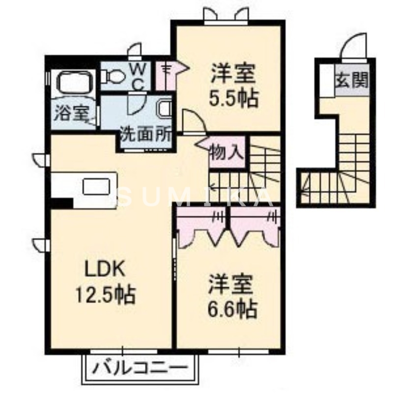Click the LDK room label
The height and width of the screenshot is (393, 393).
point(107,269)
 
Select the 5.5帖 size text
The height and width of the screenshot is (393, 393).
point(234,99)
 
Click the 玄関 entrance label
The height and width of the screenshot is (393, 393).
point(352,80)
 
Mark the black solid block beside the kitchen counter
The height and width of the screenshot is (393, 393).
point(61,202)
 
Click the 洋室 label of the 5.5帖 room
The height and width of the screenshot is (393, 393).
point(233,75)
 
